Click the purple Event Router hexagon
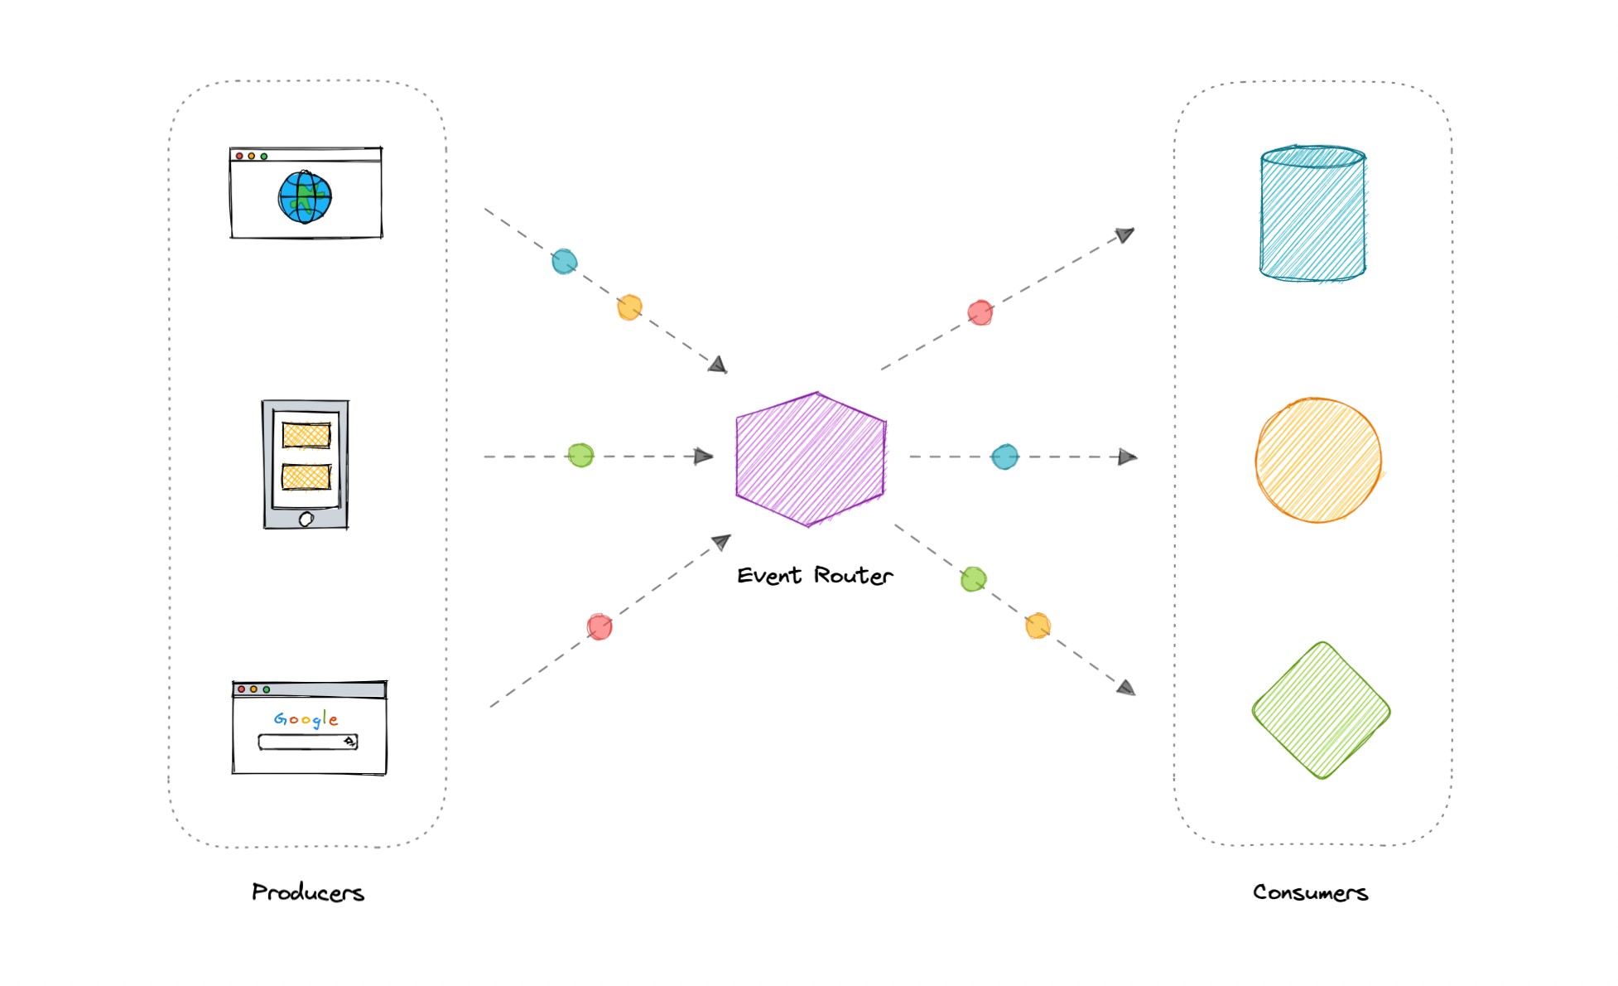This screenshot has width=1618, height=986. tap(811, 459)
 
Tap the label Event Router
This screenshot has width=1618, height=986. tap(815, 575)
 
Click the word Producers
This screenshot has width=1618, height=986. tap(308, 892)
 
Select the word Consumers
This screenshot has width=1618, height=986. tap(1310, 892)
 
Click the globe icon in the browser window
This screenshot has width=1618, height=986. tap(305, 197)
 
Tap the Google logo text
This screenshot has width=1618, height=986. tap(306, 718)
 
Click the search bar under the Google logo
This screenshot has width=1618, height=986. tap(306, 742)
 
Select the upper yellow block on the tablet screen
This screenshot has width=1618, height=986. tap(306, 435)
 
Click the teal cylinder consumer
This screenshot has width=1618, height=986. tap(1312, 214)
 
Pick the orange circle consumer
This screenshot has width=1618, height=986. tap(1317, 460)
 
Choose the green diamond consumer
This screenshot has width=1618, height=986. tap(1321, 710)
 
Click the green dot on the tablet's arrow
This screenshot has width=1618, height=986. tap(580, 455)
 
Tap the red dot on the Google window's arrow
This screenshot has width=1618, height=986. tap(600, 626)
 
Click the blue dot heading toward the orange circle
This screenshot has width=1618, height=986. tap(1004, 457)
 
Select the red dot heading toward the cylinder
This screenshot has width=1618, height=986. tap(980, 312)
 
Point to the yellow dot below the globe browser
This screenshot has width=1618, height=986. tap(629, 307)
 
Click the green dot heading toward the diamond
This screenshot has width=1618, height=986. tap(974, 578)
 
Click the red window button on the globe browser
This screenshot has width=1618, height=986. tap(239, 156)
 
